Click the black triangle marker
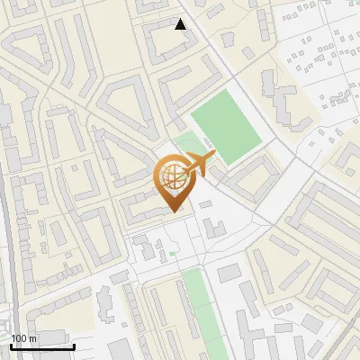181,24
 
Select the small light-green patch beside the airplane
188,142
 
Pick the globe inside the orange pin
173,177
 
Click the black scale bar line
42,346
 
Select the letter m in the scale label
32,338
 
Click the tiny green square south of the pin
172,255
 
